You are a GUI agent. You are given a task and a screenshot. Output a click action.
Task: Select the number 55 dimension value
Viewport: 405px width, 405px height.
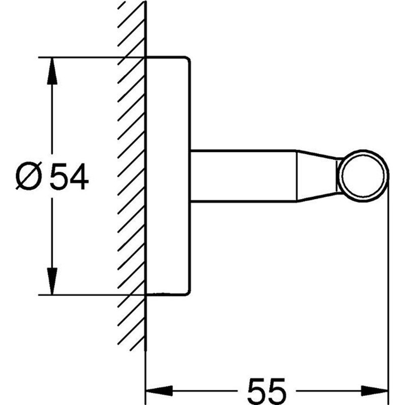(x=267, y=389)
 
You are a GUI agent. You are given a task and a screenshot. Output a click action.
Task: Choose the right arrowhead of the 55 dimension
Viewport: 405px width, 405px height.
(x=377, y=390)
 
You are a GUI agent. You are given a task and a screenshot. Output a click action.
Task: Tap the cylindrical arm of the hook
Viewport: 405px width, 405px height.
(x=243, y=176)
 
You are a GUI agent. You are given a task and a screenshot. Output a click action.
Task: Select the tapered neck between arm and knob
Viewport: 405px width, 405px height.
(x=316, y=176)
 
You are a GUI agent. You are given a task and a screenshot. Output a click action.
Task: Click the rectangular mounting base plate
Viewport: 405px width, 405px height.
(x=168, y=175)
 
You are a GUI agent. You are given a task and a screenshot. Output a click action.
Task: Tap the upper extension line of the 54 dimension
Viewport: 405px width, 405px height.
(x=91, y=57)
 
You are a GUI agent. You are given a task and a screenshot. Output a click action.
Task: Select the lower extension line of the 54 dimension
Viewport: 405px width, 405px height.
(x=91, y=294)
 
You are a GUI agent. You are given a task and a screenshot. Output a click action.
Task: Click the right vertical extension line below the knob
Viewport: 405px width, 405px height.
(x=388, y=283)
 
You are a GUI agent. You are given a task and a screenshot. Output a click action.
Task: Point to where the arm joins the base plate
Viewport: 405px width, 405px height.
(x=191, y=176)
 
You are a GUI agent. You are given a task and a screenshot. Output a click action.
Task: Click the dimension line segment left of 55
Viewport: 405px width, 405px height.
(x=202, y=390)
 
